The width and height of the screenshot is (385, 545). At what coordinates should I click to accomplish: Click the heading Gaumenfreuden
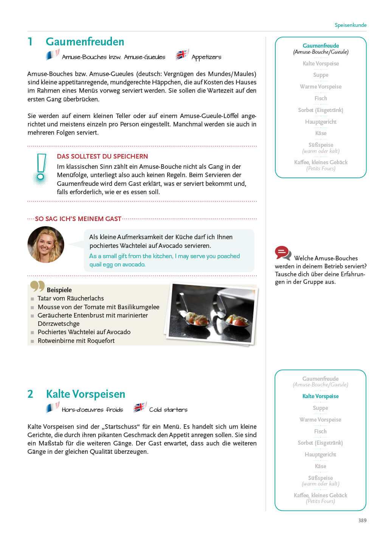[x=85, y=42]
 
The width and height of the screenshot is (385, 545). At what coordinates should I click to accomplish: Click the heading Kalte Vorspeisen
[x=85, y=394]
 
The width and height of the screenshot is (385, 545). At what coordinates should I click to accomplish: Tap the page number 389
[x=362, y=520]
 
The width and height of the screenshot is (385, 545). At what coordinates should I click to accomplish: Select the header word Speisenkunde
[x=350, y=25]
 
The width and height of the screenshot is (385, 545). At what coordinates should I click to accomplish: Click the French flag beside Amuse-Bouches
[x=52, y=55]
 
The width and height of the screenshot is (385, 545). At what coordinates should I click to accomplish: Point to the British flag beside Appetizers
[x=182, y=54]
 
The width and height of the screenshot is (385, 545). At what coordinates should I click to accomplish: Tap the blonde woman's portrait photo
[x=46, y=244]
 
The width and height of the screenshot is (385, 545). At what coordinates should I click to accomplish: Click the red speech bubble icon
[x=283, y=252]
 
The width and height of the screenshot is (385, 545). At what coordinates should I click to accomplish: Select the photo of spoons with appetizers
[x=212, y=314]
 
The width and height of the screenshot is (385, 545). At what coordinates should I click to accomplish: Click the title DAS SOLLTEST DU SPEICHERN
[x=102, y=156]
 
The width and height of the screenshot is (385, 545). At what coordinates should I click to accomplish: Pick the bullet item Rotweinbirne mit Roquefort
[x=76, y=341]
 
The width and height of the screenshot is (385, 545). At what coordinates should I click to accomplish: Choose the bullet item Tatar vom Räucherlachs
[x=71, y=298]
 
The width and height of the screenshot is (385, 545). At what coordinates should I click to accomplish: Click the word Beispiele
[x=59, y=290]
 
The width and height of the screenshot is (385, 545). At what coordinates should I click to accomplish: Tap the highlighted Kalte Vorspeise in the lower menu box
[x=320, y=396]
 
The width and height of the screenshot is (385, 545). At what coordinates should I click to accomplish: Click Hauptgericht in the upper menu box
[x=321, y=122]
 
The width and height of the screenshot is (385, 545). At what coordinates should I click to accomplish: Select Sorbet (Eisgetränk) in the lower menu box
[x=320, y=443]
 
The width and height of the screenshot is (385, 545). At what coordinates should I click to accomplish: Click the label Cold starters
[x=168, y=410]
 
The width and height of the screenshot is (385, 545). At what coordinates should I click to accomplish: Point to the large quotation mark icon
[x=37, y=287]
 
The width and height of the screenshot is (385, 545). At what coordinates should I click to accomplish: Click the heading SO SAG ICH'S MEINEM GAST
[x=78, y=219]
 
